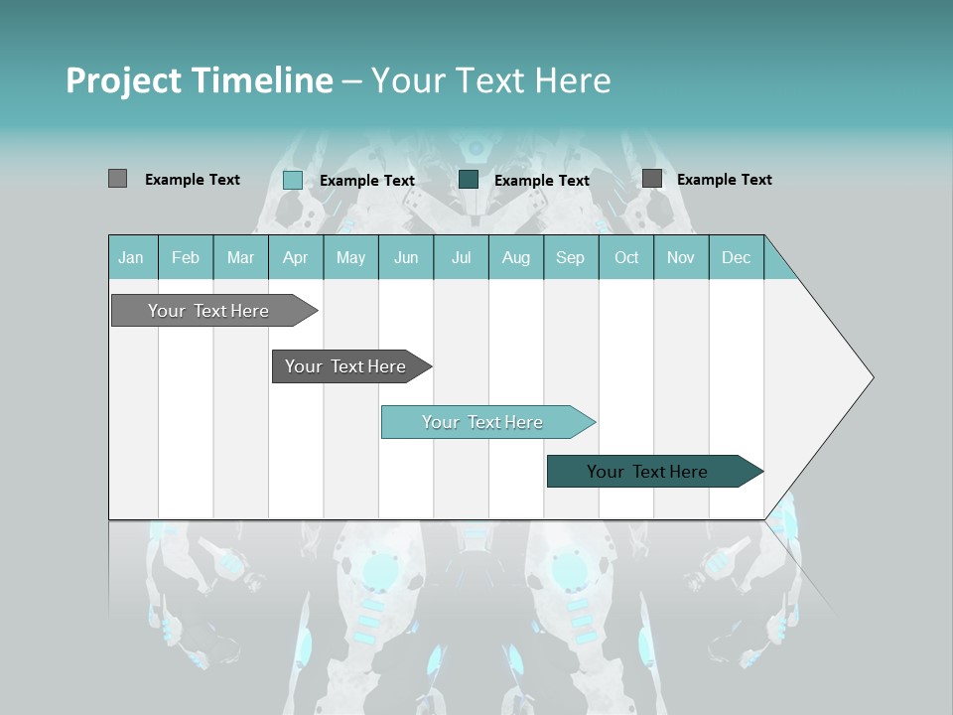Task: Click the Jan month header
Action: click(131, 257)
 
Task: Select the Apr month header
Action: click(295, 257)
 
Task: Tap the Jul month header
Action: click(461, 257)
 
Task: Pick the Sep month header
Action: click(570, 257)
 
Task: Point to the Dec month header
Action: click(736, 257)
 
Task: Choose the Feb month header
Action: click(186, 257)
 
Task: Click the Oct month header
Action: click(626, 257)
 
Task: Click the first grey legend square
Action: click(117, 179)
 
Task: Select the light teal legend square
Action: click(292, 180)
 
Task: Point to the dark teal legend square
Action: click(469, 179)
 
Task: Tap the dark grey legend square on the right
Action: click(652, 178)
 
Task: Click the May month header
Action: click(350, 257)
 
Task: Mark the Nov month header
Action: click(680, 257)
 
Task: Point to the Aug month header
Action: click(515, 257)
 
